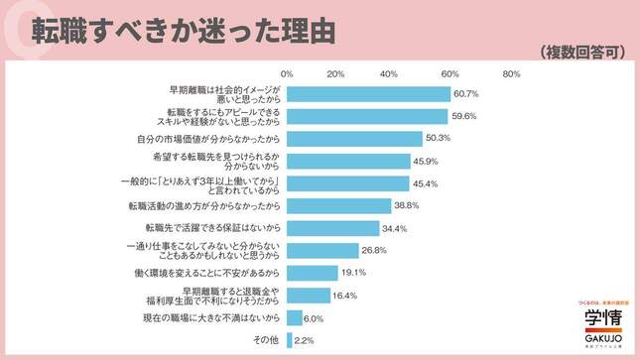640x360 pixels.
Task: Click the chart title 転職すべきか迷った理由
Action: (x=184, y=29)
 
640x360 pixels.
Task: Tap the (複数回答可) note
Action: (x=581, y=52)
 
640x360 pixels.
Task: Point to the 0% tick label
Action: (x=288, y=74)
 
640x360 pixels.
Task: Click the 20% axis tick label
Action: (x=335, y=74)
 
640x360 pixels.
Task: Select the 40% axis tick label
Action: (x=389, y=74)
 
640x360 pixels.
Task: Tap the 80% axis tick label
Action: (x=512, y=74)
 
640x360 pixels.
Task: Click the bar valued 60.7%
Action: (x=368, y=93)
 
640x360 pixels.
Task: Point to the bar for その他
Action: (x=290, y=339)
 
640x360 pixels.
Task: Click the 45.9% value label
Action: (x=426, y=161)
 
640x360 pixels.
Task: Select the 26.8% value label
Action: (x=374, y=250)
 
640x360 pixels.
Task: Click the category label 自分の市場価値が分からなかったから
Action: (x=206, y=138)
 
